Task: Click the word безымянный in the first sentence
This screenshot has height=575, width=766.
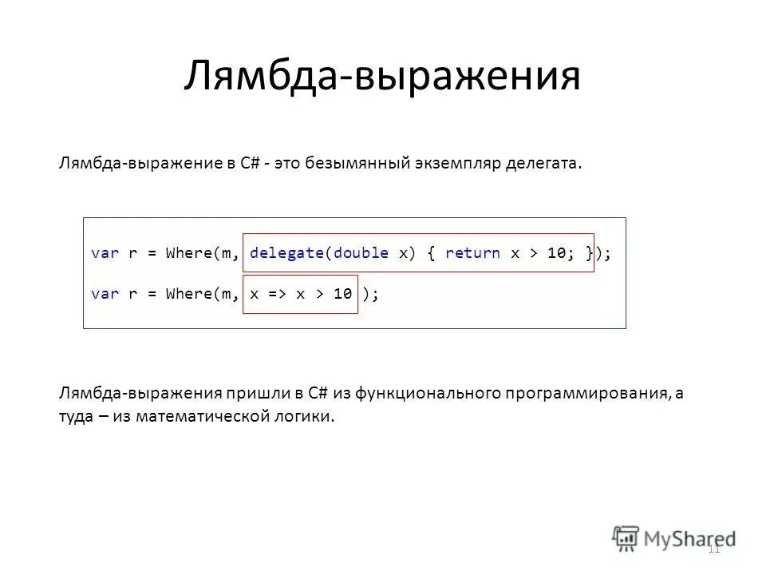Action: pos(357,164)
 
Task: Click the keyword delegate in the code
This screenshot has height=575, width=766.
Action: pos(286,253)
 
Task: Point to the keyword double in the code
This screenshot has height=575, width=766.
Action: pos(361,253)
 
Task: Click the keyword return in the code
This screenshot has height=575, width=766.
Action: pos(472,253)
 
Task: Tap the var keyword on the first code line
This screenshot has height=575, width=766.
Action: pos(105,253)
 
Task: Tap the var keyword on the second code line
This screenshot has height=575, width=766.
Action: pos(105,294)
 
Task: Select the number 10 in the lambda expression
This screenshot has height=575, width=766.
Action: pos(342,294)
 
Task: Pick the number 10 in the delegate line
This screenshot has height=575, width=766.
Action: pos(556,253)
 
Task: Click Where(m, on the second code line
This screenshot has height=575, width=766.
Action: pos(203,294)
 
